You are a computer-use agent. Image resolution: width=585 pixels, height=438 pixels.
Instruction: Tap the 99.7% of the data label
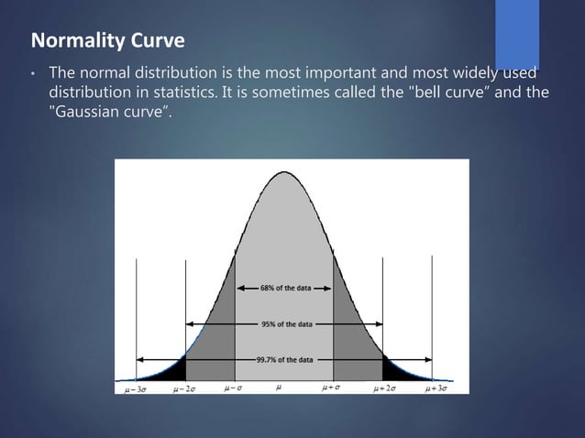pos(284,359)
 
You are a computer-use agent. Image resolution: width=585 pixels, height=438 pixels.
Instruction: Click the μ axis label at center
pos(279,388)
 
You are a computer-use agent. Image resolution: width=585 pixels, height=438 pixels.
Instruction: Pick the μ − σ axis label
pos(236,388)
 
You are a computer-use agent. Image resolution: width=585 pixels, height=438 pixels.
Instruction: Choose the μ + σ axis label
pos(333,388)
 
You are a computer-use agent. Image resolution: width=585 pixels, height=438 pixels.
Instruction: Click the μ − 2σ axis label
pos(186,389)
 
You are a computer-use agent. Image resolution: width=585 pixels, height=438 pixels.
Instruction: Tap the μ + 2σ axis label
pos(384,389)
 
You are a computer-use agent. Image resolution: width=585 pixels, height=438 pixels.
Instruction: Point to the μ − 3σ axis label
pos(137,389)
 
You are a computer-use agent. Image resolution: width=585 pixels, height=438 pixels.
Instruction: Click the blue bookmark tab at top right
pos(517,33)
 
